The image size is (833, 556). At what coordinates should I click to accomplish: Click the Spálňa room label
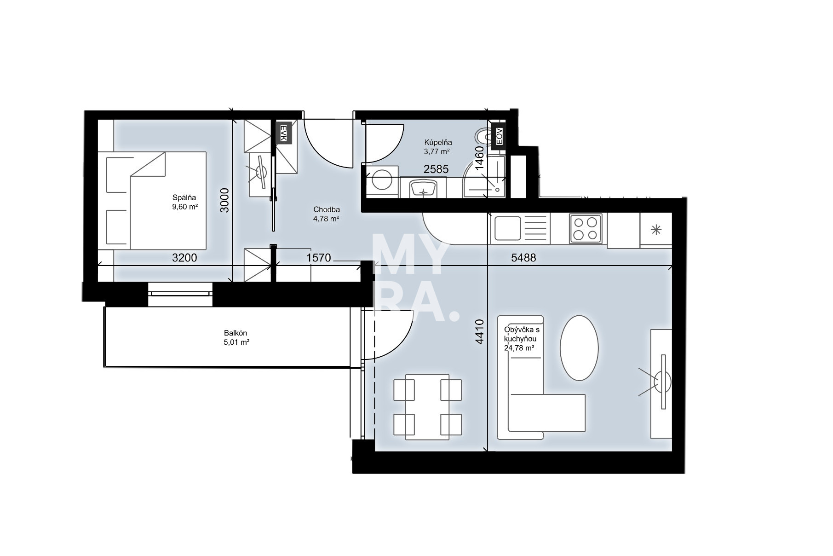pyautogui.click(x=184, y=198)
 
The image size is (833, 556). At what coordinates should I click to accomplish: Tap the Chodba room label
pyautogui.click(x=327, y=210)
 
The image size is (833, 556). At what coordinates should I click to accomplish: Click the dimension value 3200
pyautogui.click(x=184, y=258)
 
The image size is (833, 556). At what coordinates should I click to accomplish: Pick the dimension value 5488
pyautogui.click(x=523, y=258)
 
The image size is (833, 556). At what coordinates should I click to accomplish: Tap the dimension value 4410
pyautogui.click(x=480, y=332)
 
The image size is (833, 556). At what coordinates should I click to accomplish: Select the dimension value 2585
pyautogui.click(x=436, y=169)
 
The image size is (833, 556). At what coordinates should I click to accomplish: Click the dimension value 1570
pyautogui.click(x=319, y=258)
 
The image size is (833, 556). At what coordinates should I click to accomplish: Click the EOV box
pyautogui.click(x=499, y=135)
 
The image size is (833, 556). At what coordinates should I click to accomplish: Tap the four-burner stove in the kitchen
pyautogui.click(x=586, y=228)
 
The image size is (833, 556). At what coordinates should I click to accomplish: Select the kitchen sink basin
pyautogui.click(x=507, y=229)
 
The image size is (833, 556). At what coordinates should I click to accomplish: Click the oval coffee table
pyautogui.click(x=579, y=348)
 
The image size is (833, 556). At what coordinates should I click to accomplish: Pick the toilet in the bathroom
pyautogui.click(x=483, y=136)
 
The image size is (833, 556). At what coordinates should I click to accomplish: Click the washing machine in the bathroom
pyautogui.click(x=382, y=180)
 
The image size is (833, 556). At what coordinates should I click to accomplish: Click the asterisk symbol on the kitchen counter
pyautogui.click(x=656, y=229)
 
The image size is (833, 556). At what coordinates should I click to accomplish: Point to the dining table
pyautogui.click(x=428, y=407)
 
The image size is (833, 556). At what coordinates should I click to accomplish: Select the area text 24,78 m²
pyautogui.click(x=519, y=348)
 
